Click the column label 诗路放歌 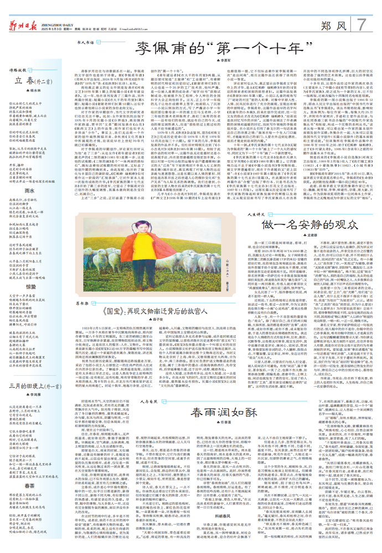tap(18, 69)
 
